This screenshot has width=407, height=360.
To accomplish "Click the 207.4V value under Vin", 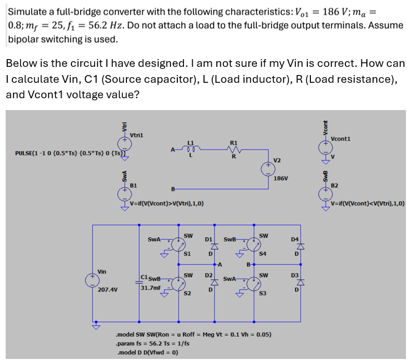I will (107, 290).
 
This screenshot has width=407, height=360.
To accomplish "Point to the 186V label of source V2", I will (281, 178).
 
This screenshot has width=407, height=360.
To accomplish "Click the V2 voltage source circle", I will (268, 167).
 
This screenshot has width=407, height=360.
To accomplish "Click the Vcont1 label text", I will (341, 139).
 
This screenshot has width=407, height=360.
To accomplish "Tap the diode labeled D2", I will (209, 283).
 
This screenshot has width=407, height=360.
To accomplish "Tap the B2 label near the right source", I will (335, 184).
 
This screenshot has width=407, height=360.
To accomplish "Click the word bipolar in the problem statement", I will (24, 39).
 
